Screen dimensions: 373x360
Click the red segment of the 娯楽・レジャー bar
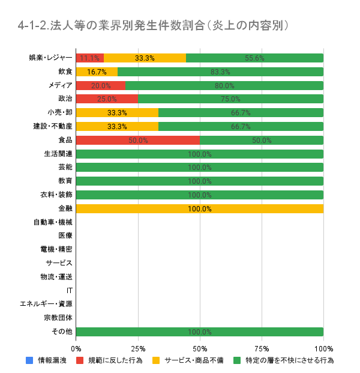90,58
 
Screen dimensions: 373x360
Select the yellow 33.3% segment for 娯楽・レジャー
145,58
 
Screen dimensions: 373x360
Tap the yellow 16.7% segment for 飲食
97,72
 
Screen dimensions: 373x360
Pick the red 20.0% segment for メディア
101,85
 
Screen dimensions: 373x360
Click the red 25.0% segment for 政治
107,99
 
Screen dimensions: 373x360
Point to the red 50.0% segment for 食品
138,140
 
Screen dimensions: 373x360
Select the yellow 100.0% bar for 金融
200,208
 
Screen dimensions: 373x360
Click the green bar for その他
200,332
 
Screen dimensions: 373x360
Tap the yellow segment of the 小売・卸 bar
117,112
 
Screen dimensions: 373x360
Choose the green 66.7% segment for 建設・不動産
241,126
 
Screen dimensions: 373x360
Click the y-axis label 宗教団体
58,318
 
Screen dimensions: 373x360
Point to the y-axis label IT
70,291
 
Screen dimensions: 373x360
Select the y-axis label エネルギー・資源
46,304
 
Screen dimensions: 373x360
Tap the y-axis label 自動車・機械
53,222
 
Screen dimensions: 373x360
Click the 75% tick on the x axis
262,348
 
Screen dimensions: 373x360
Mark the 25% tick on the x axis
138,348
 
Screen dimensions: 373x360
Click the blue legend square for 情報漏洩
29,361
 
